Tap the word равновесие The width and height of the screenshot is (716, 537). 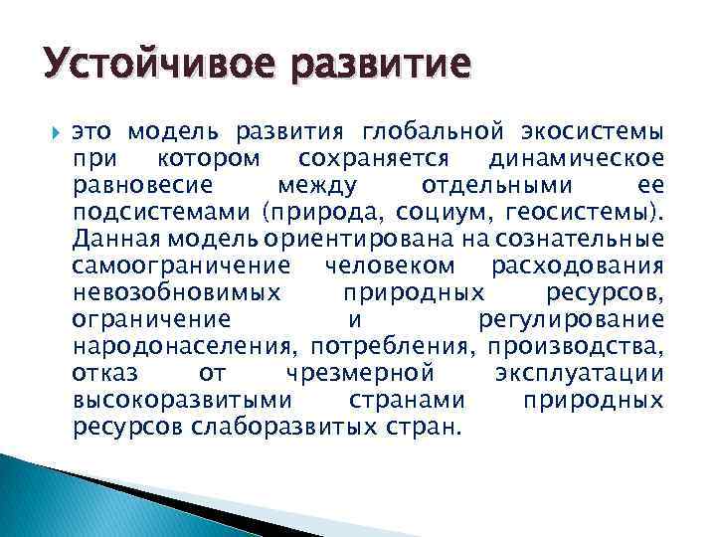139,186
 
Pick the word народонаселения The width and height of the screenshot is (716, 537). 185,346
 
